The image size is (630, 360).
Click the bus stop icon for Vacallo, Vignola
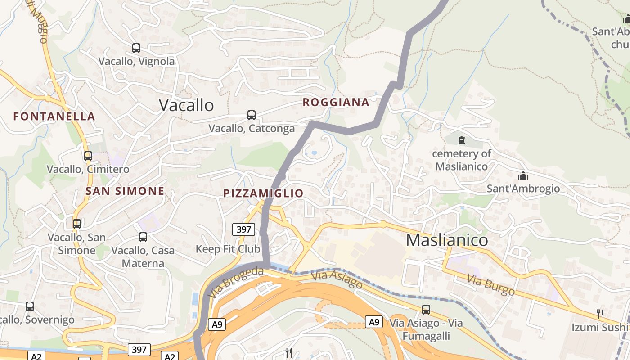[x=136, y=48]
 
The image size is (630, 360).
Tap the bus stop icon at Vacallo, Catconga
[x=252, y=115]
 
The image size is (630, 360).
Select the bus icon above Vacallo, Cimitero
[x=88, y=156]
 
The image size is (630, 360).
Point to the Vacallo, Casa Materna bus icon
[x=143, y=237]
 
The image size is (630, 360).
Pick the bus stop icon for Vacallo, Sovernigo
[x=30, y=306]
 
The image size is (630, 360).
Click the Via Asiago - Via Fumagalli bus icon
[x=426, y=310]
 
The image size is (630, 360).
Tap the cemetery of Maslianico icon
[x=461, y=140]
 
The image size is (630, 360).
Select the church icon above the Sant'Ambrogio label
[x=523, y=175]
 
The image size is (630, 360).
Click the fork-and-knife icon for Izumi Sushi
[x=600, y=314]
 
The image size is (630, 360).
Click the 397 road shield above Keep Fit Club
[x=244, y=229]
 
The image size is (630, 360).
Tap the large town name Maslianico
[x=447, y=240]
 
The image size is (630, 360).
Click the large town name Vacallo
[x=186, y=105]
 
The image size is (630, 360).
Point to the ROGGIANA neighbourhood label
[x=336, y=103]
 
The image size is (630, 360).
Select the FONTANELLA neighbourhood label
[x=54, y=117]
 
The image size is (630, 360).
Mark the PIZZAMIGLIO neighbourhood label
[x=263, y=193]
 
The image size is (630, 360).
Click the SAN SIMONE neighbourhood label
[x=125, y=191]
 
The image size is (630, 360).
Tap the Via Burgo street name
[x=490, y=285]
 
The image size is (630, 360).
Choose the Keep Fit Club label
[x=228, y=249]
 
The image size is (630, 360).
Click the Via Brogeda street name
[x=236, y=282]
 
